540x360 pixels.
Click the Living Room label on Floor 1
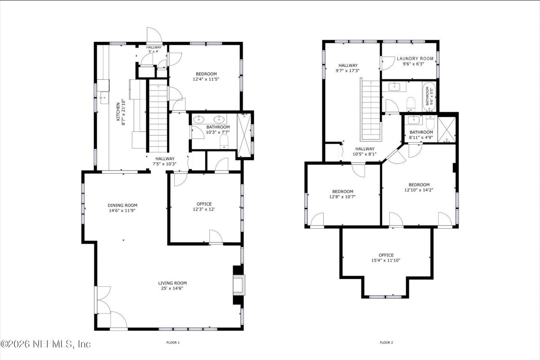(172, 283)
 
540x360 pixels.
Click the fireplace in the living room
(239, 285)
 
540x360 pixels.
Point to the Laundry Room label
(415, 59)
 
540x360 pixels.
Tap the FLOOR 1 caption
(173, 343)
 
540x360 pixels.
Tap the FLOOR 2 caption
(386, 343)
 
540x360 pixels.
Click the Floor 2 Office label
(386, 255)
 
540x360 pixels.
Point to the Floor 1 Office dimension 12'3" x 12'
(204, 209)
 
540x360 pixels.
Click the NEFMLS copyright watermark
(46, 344)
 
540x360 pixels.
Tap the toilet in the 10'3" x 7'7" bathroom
(224, 141)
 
